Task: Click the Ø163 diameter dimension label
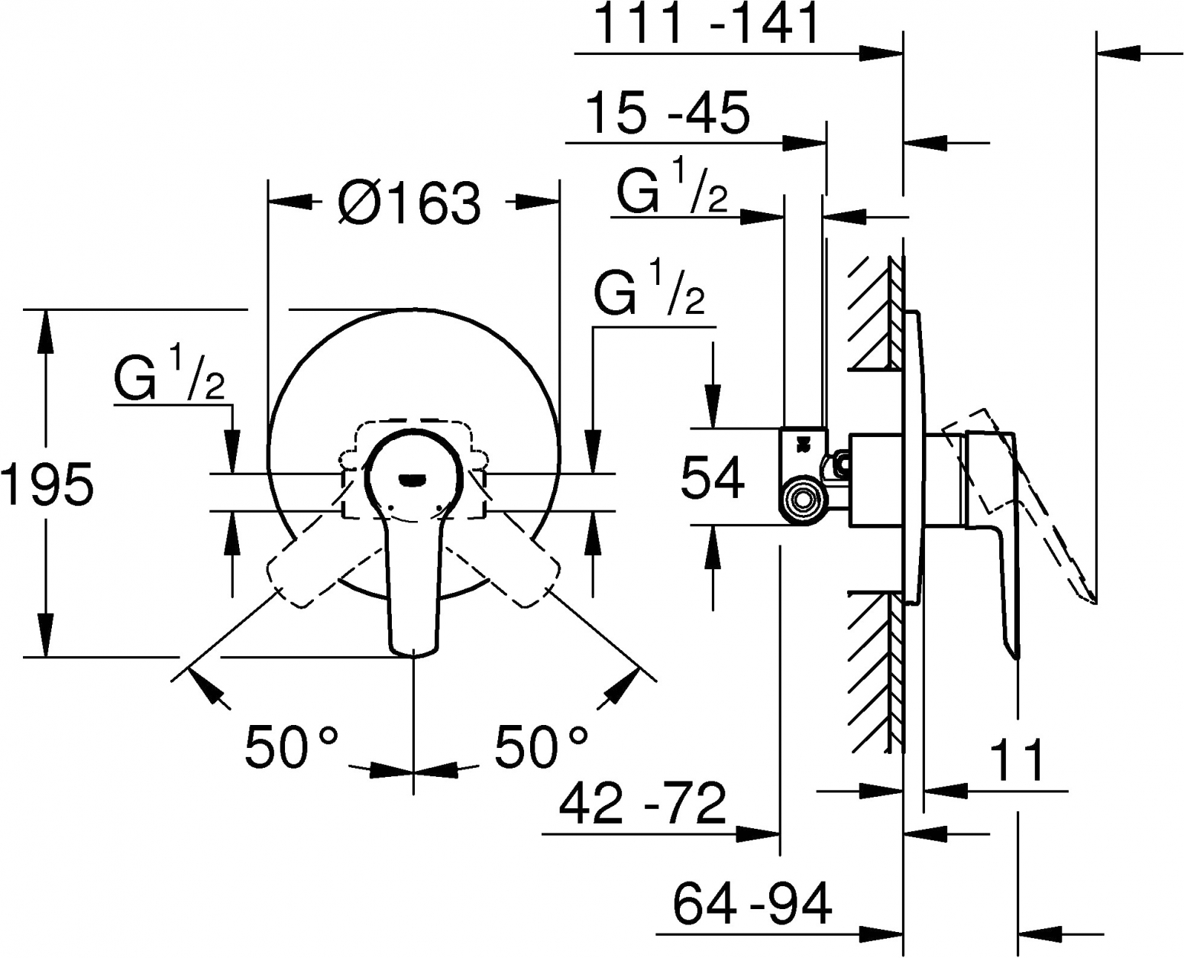(x=409, y=203)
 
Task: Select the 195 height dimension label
(x=47, y=484)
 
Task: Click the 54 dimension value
(x=713, y=477)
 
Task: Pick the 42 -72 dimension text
(x=642, y=804)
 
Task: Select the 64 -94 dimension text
(x=752, y=904)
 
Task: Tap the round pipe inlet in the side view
(x=802, y=500)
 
